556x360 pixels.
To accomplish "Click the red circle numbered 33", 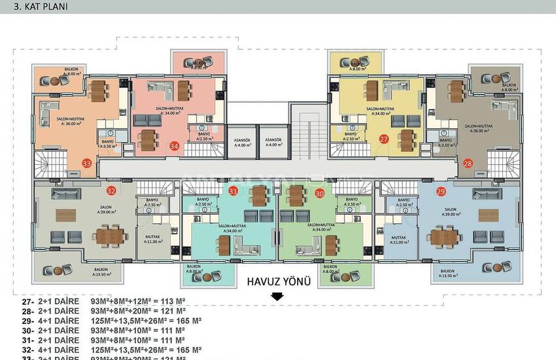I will tap(87, 163).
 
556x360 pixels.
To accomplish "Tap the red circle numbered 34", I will tap(174, 145).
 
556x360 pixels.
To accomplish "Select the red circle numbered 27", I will tap(383, 139).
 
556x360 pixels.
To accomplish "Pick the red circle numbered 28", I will tap(468, 164).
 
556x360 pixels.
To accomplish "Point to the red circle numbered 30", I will tap(319, 193).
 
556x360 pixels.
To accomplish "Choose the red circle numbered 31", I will tap(234, 191).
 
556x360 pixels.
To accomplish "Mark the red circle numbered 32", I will tap(112, 191).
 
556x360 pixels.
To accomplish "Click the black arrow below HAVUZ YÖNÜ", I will tap(277, 297).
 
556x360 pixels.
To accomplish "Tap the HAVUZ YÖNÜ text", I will tap(278, 282).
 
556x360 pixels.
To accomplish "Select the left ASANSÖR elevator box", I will tap(241, 142).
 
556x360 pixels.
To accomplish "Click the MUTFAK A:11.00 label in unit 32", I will tap(155, 239).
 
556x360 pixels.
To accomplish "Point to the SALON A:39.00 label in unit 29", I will tap(451, 211).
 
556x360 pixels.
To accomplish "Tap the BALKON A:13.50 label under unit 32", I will tap(101, 272).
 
